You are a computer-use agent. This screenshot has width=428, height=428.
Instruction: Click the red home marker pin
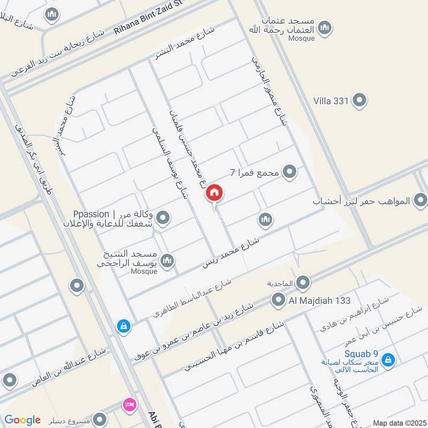(215, 193)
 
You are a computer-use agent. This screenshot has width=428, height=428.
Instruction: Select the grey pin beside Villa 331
(360, 100)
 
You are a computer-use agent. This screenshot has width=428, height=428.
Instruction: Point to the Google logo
(22, 420)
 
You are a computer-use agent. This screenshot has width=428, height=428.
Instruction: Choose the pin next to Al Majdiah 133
(278, 300)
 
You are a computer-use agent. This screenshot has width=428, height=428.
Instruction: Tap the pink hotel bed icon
(129, 404)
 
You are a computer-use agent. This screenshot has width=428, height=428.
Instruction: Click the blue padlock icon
(124, 325)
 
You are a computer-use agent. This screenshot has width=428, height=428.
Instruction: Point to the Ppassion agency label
(113, 218)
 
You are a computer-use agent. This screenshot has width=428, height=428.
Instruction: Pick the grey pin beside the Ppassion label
(164, 218)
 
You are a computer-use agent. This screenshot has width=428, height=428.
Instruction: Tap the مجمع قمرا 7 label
(254, 172)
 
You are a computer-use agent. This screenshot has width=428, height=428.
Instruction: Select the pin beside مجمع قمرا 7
(289, 172)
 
